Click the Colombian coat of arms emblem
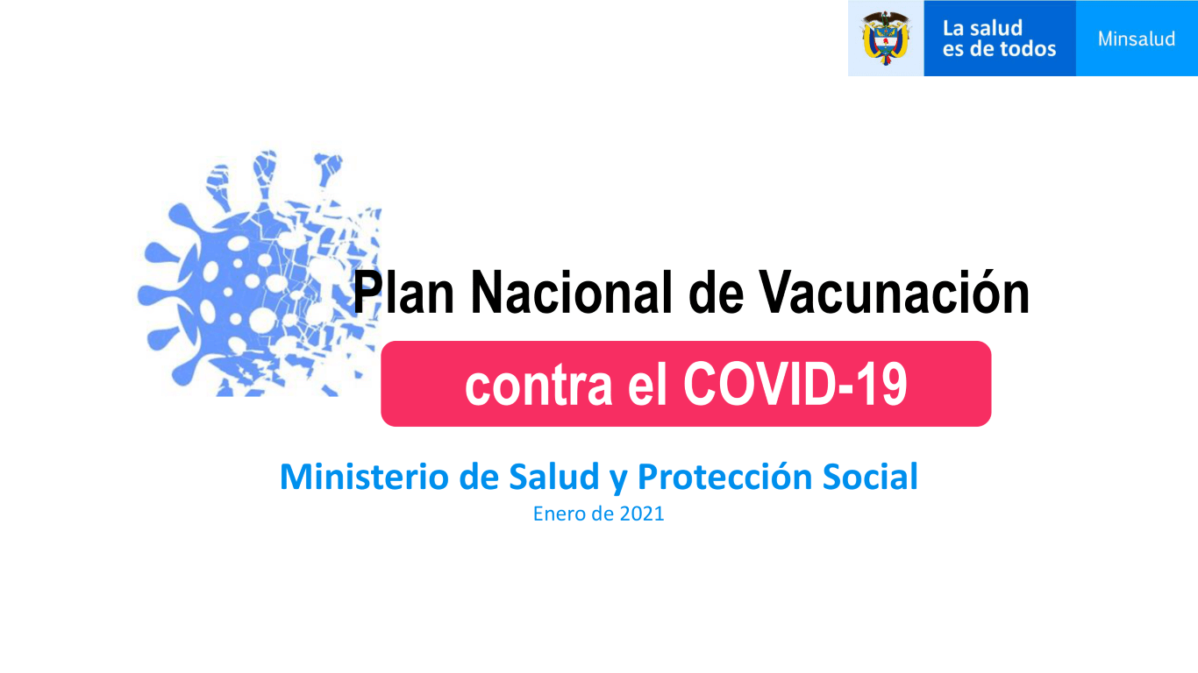coord(886,38)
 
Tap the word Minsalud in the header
coord(1137,39)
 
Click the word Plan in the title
coord(403,293)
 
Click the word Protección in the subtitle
coord(725,477)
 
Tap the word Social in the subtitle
coord(870,477)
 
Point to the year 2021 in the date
coord(642,514)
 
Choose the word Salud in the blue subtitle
coord(553,477)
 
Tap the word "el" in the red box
coord(647,385)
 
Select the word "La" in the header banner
coord(953,28)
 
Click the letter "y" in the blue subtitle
coord(618,480)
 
